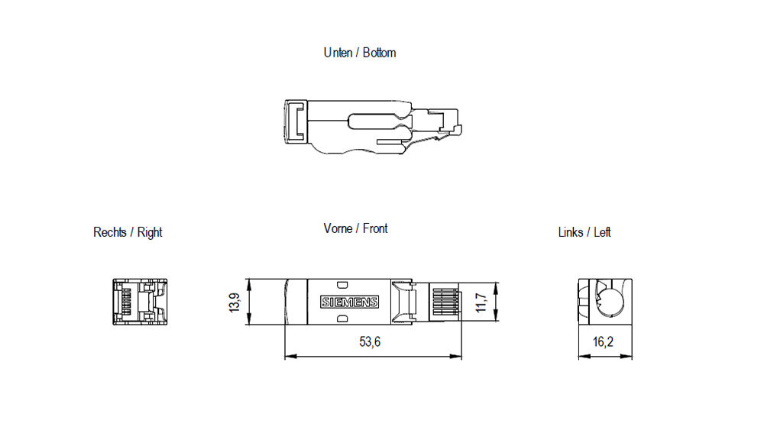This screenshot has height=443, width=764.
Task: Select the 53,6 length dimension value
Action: pos(370,342)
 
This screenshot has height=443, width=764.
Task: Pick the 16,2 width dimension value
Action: pos(603,342)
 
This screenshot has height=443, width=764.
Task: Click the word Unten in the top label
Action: pos(338,53)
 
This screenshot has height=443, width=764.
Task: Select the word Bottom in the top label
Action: pos(379,53)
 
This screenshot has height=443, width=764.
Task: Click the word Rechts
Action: pos(111,232)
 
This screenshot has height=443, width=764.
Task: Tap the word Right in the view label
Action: pos(150,232)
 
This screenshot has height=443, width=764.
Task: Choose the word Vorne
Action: pos(338,228)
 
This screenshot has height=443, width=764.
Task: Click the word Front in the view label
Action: pos(375,228)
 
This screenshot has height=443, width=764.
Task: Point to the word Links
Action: pos(570,232)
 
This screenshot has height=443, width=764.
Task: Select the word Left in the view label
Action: pos(603,232)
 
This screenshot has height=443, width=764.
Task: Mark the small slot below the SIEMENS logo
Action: pos(342,318)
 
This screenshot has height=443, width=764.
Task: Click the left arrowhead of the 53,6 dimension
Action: pos(288,356)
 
